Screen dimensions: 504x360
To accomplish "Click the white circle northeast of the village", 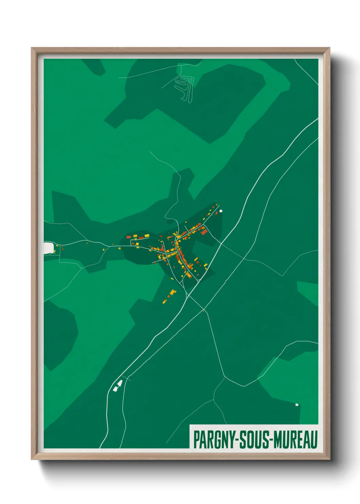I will [x=221, y=211].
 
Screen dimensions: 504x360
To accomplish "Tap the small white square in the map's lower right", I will [x=297, y=405].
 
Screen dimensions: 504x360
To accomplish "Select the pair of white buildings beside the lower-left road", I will [x=118, y=385].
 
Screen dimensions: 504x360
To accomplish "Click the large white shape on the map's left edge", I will [x=48, y=248].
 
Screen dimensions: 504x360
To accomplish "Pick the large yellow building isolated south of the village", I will [x=173, y=292].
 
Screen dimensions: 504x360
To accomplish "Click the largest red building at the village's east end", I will [x=204, y=232].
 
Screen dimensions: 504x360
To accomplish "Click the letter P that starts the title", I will [x=196, y=440].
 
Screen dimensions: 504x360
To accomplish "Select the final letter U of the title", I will [x=314, y=440].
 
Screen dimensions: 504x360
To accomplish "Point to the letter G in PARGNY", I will [x=216, y=440].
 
